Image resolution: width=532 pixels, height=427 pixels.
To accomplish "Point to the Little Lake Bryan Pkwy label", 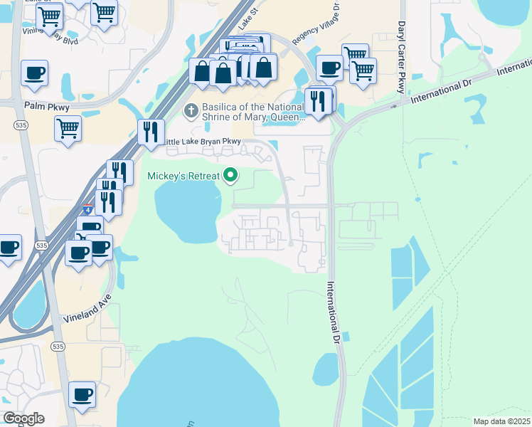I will (x=203, y=142).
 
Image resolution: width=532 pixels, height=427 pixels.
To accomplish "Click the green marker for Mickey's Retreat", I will (x=230, y=174).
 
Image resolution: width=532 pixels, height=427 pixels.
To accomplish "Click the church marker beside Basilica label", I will (x=190, y=110).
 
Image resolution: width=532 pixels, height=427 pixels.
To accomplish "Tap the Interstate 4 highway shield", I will (x=86, y=211).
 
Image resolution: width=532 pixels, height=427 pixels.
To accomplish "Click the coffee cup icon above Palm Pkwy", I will (x=34, y=72).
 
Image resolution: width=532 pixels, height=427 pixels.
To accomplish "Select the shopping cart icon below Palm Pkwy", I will (x=68, y=128).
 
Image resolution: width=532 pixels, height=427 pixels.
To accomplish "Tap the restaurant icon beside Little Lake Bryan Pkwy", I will (x=151, y=132).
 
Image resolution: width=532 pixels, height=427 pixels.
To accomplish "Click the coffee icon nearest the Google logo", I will (x=82, y=394).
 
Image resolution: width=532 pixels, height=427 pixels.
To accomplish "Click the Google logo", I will (x=23, y=418).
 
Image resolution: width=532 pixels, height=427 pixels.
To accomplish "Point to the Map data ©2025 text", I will (x=501, y=421).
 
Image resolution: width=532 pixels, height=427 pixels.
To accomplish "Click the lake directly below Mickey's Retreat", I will (x=186, y=206).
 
